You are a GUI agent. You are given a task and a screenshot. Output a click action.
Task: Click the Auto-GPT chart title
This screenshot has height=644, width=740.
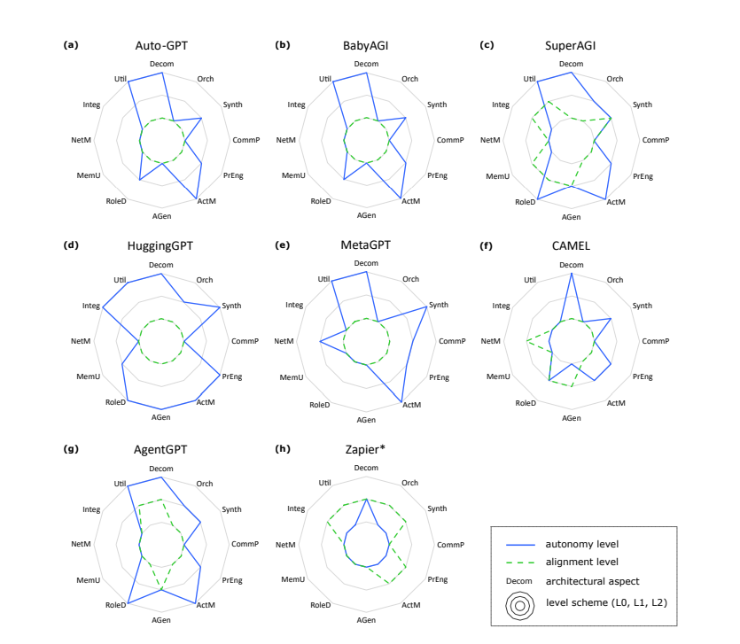click(161, 44)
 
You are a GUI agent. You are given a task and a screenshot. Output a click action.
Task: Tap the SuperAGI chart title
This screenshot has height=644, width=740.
click(571, 44)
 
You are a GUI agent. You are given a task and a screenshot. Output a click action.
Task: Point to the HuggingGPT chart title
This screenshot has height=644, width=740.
click(160, 245)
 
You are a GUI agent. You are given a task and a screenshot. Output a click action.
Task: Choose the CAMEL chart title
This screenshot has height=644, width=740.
click(571, 245)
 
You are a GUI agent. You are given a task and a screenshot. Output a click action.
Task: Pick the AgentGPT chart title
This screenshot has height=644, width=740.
click(160, 449)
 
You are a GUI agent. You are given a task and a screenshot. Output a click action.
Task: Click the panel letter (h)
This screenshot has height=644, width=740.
click(283, 448)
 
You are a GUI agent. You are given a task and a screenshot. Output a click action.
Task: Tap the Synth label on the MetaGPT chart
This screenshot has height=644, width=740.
click(438, 305)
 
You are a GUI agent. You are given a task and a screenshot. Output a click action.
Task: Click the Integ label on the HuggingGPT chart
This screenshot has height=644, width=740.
click(90, 306)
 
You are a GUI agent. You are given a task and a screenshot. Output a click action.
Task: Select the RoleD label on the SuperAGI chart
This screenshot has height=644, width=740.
click(525, 202)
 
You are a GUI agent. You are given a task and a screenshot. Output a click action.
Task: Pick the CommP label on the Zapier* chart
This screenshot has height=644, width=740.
click(450, 543)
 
